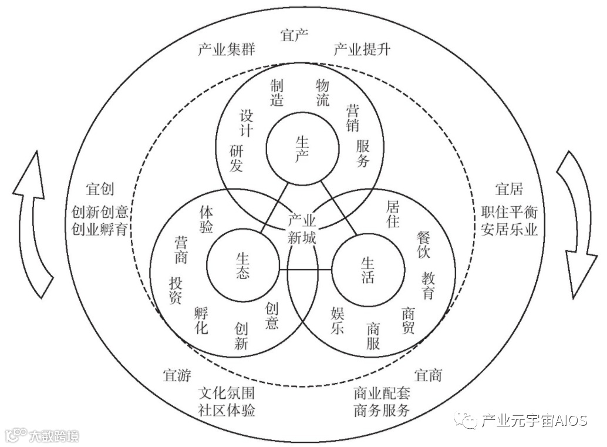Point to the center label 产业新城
click(x=302, y=229)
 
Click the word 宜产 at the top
click(x=295, y=35)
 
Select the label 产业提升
click(x=362, y=49)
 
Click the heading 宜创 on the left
click(x=99, y=189)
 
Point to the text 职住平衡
click(x=509, y=212)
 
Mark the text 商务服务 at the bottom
click(x=382, y=410)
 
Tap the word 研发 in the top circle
click(x=236, y=159)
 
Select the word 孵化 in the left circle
click(x=201, y=320)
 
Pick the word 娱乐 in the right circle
click(x=337, y=320)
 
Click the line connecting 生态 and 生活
click(x=305, y=270)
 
